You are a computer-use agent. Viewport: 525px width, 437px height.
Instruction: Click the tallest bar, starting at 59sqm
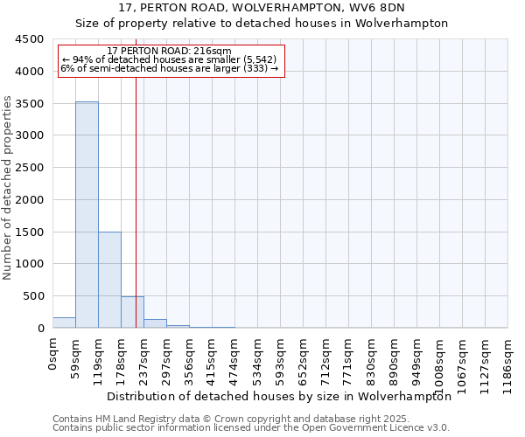coord(87,214)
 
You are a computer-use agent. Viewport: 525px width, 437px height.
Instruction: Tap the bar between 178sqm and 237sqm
coord(132,312)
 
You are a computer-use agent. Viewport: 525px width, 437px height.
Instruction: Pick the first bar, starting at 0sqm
coord(64,323)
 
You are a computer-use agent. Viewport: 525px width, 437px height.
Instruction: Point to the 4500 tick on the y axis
coord(30,39)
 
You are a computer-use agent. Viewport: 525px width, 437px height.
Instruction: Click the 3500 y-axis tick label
coord(30,104)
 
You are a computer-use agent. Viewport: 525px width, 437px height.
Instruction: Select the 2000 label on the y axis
coord(30,200)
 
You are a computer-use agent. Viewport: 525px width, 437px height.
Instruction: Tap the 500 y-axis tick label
coord(33,296)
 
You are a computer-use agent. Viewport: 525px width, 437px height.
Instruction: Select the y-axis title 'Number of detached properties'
coord(9,188)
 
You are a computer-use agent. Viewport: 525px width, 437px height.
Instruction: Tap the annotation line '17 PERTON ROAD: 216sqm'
coord(169,52)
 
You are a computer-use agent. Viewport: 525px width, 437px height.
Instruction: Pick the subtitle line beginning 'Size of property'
coord(262,24)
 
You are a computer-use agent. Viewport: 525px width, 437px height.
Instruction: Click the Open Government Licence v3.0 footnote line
coord(251,428)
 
